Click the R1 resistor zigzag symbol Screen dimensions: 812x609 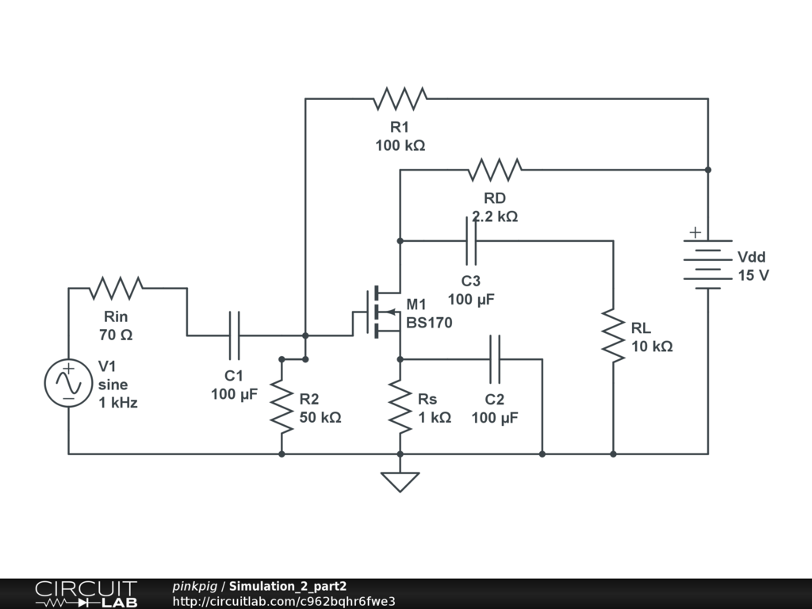pyautogui.click(x=400, y=98)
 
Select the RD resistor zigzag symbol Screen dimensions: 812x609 pyautogui.click(x=495, y=170)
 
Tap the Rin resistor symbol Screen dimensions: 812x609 pyautogui.click(x=116, y=289)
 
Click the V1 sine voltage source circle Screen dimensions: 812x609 pyautogui.click(x=68, y=383)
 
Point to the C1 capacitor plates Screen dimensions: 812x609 pyautogui.click(x=234, y=335)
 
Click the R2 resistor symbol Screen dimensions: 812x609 pyautogui.click(x=282, y=407)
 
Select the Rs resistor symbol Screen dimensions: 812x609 pyautogui.click(x=400, y=407)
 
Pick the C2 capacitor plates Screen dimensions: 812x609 pyautogui.click(x=495, y=359)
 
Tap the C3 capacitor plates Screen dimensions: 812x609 pyautogui.click(x=471, y=241)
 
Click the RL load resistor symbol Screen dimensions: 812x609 pyautogui.click(x=613, y=335)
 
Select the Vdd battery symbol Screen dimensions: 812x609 pyautogui.click(x=708, y=264)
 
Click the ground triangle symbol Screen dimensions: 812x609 pyautogui.click(x=400, y=482)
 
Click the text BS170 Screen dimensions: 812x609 pyautogui.click(x=429, y=323)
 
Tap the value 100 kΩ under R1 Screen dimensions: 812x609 pyautogui.click(x=400, y=146)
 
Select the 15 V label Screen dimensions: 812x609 pyautogui.click(x=753, y=275)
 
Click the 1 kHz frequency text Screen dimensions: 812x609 pyautogui.click(x=118, y=402)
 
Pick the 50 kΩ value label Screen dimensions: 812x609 pyautogui.click(x=320, y=417)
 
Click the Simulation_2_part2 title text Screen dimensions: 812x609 pyautogui.click(x=288, y=586)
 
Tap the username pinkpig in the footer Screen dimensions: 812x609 pyautogui.click(x=195, y=587)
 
